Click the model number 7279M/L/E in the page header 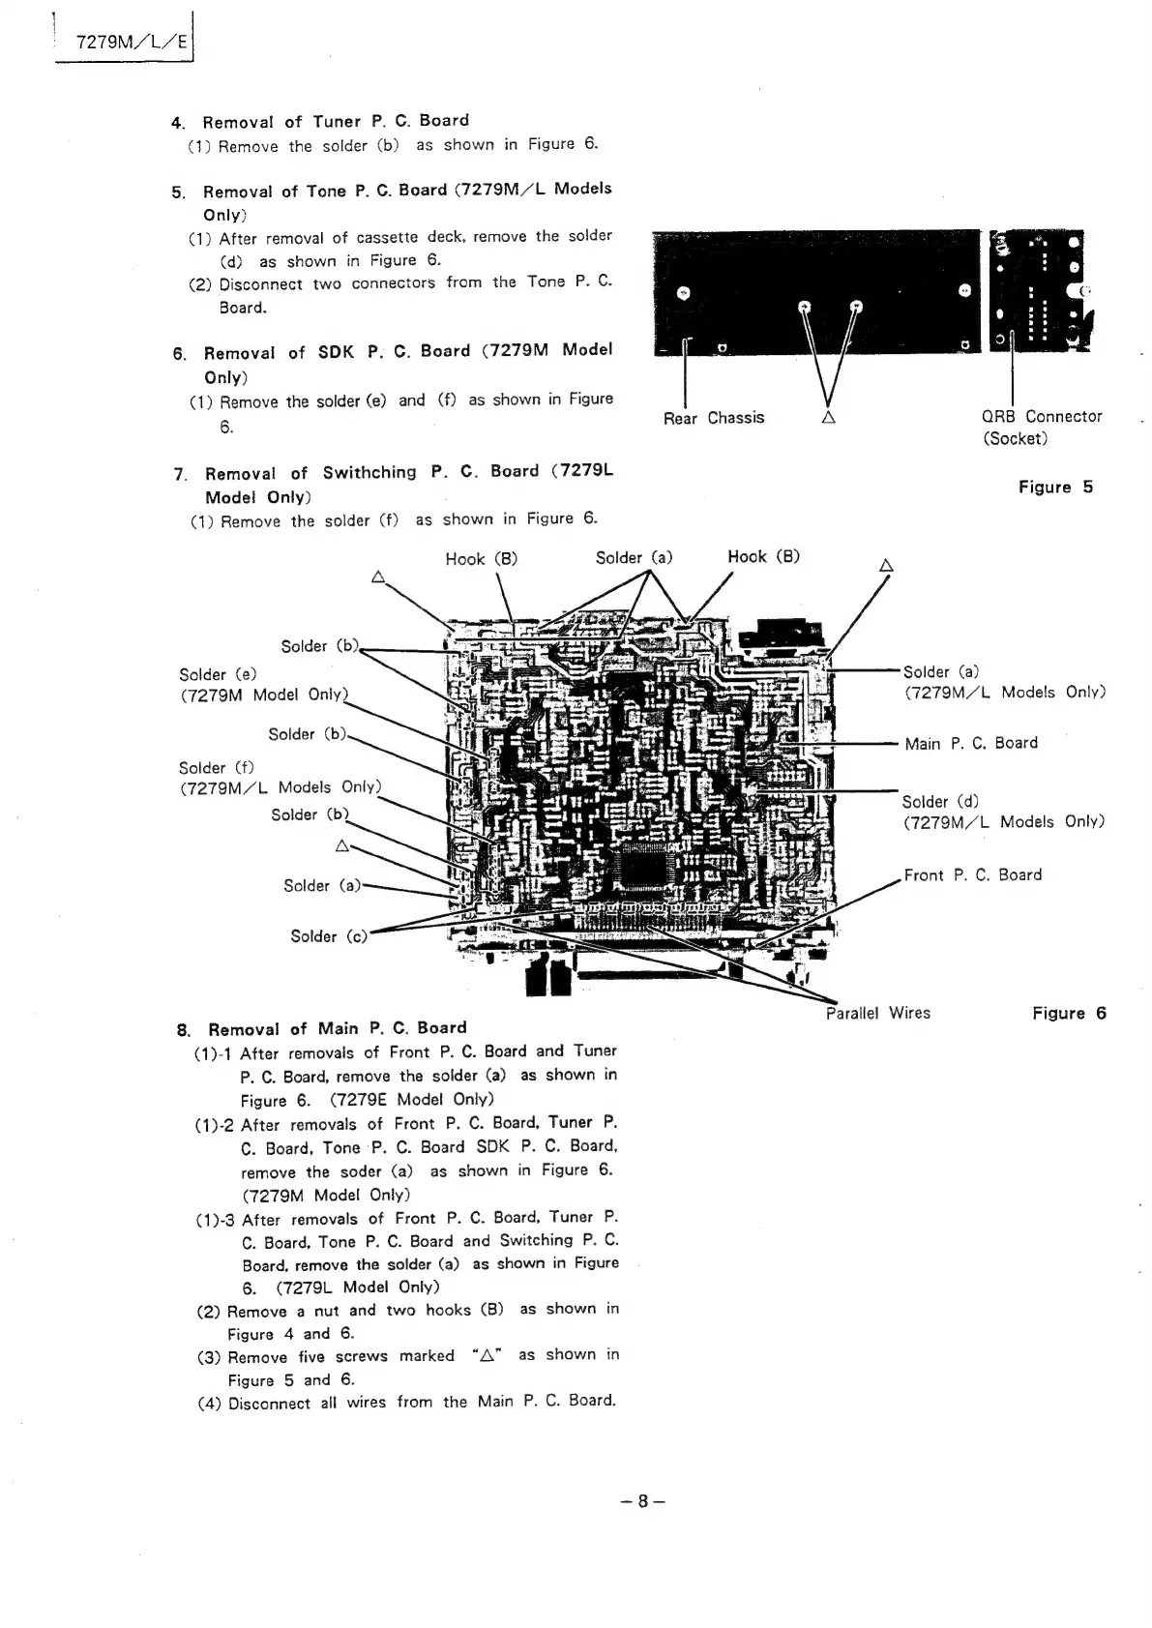pos(123,44)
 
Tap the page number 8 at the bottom pos(642,1501)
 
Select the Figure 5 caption pos(1055,488)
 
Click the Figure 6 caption pos(1069,1013)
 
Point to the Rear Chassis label pos(714,418)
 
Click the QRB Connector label pos(1042,417)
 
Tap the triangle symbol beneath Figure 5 pos(828,418)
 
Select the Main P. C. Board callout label pos(971,743)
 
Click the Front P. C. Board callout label pos(972,875)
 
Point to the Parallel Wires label pos(878,1013)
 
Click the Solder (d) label pos(940,802)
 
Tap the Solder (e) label pos(218,674)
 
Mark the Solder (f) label pos(216,768)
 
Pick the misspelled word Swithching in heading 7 pos(369,473)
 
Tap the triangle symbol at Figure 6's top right pos(885,565)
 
